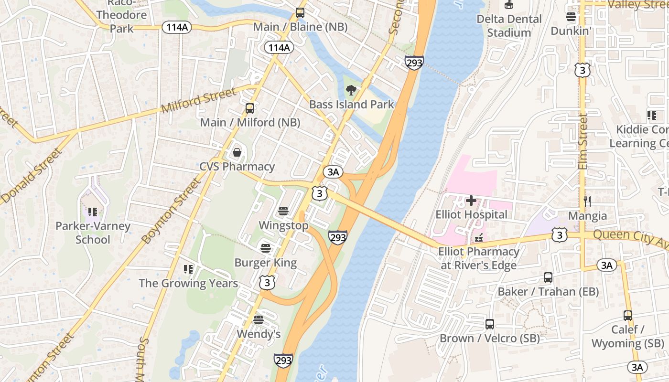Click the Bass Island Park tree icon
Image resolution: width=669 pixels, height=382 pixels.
pyautogui.click(x=351, y=90)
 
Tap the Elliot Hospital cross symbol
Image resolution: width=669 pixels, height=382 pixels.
pyautogui.click(x=471, y=201)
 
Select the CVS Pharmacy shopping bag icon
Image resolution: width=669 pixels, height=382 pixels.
pyautogui.click(x=237, y=153)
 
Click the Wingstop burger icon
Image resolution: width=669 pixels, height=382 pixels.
pyautogui.click(x=283, y=211)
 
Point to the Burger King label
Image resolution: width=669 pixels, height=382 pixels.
pyautogui.click(x=265, y=263)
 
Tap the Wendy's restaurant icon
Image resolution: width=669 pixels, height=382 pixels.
pyautogui.click(x=259, y=319)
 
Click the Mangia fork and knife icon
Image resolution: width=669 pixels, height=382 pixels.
pyautogui.click(x=587, y=202)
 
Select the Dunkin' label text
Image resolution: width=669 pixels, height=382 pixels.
pyautogui.click(x=571, y=31)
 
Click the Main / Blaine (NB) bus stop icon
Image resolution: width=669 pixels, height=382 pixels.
pyautogui.click(x=300, y=13)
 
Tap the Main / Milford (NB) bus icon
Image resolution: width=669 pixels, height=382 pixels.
pyautogui.click(x=249, y=108)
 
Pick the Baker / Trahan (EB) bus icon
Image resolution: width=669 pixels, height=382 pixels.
pyautogui.click(x=548, y=277)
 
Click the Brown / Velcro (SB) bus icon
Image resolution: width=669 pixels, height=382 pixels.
pyautogui.click(x=490, y=324)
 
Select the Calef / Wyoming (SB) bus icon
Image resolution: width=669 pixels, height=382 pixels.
pyautogui.click(x=628, y=316)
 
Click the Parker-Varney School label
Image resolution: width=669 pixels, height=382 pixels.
pyautogui.click(x=93, y=233)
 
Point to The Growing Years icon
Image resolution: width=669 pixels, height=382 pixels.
pyautogui.click(x=188, y=269)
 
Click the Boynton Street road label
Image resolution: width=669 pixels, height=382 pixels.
pyautogui.click(x=171, y=211)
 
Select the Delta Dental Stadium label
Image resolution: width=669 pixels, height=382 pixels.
pyautogui.click(x=509, y=26)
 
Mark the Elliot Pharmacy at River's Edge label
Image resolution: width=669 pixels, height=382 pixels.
pyautogui.click(x=479, y=258)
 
